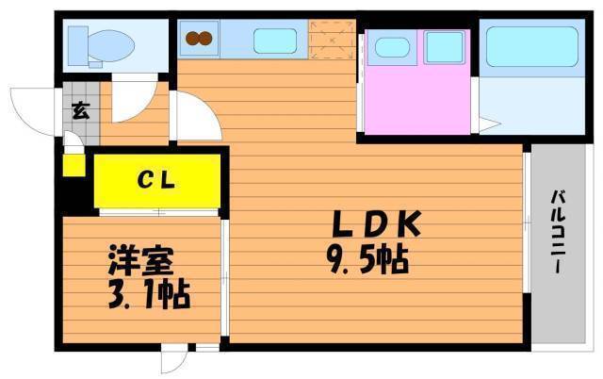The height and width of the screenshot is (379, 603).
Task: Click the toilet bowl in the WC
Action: pyautogui.click(x=111, y=46)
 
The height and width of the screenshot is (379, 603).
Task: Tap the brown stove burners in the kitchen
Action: pyautogui.click(x=199, y=38)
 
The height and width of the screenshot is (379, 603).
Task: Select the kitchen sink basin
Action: pyautogui.click(x=275, y=41)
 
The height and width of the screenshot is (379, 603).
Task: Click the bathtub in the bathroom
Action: pyautogui.click(x=532, y=46)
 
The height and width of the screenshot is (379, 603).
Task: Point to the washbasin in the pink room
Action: pyautogui.click(x=392, y=48)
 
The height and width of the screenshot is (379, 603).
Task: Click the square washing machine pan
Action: pyautogui.click(x=444, y=47)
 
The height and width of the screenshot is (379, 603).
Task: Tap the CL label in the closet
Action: pyautogui.click(x=156, y=180)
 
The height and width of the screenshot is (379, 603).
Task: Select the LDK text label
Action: pyautogui.click(x=377, y=224)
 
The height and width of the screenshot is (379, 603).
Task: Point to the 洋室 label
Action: pyautogui.click(x=140, y=260)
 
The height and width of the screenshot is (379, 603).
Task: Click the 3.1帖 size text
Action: pyautogui.click(x=149, y=295)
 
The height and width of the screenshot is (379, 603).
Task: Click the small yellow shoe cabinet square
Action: pyautogui.click(x=73, y=165)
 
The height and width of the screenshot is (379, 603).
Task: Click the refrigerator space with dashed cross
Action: pyautogui.click(x=333, y=40)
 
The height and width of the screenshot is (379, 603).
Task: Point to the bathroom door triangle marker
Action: pyautogui.click(x=489, y=124)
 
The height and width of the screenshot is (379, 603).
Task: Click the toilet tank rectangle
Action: pyautogui.click(x=77, y=46)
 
